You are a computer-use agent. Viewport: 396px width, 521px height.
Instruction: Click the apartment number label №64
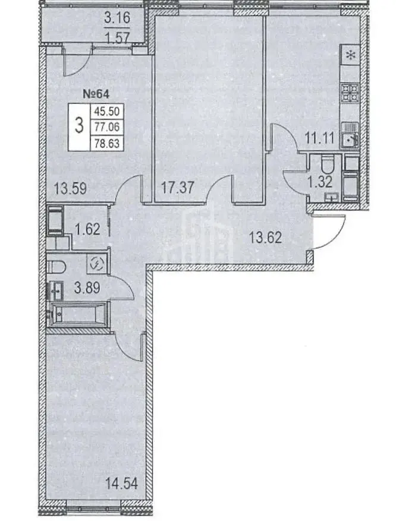click(96, 94)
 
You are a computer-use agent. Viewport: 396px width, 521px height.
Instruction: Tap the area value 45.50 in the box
click(107, 111)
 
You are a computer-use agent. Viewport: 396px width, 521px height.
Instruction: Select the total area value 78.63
click(107, 143)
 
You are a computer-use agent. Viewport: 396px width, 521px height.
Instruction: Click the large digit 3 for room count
click(79, 127)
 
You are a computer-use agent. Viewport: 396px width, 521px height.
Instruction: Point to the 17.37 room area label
click(178, 188)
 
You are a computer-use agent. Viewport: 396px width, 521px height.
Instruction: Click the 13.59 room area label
click(71, 188)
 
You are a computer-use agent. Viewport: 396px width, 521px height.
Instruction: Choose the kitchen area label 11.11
click(319, 138)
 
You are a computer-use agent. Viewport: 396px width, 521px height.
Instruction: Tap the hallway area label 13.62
click(265, 238)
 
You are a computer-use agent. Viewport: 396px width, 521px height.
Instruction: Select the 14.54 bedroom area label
click(121, 484)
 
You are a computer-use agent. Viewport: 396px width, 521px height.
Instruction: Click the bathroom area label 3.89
click(87, 288)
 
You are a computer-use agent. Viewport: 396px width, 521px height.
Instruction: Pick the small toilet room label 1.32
click(320, 182)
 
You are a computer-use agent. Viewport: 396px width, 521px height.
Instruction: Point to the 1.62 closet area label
click(87, 229)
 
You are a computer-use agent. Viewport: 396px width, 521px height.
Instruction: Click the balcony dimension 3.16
click(117, 18)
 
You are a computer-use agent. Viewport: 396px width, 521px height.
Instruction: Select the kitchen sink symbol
click(350, 136)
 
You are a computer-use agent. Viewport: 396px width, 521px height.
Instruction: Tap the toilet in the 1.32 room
click(328, 165)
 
